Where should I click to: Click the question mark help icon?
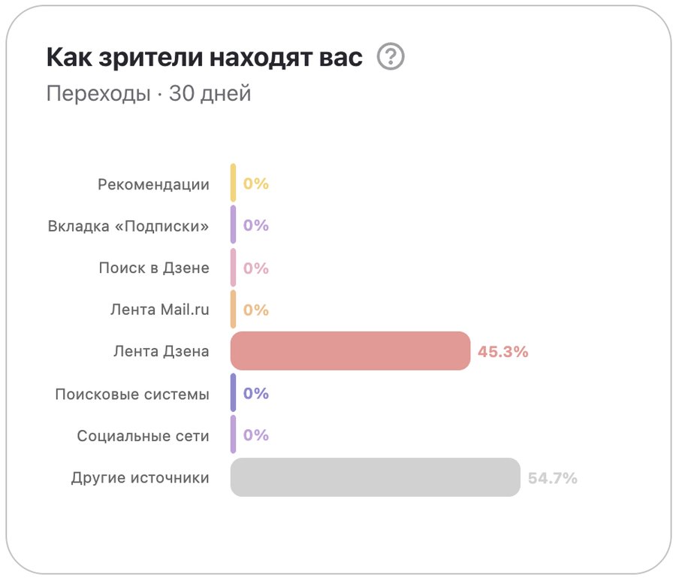tap(391, 57)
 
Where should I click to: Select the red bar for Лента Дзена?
tap(350, 351)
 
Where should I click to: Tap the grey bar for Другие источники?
tap(375, 477)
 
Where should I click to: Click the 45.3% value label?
tap(503, 352)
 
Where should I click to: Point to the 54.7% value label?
tap(553, 478)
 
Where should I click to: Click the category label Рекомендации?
tap(153, 184)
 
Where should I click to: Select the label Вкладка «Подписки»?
tap(128, 226)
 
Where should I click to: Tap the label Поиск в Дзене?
tap(154, 268)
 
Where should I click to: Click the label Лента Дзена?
tap(161, 352)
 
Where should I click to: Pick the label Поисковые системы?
tap(132, 394)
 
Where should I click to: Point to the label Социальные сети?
tap(143, 436)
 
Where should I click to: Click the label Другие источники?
tap(140, 478)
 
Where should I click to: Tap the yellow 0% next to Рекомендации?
tap(256, 184)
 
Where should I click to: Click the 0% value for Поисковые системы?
tap(256, 394)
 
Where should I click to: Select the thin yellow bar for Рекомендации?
tap(234, 183)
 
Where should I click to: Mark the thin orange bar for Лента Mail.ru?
tap(234, 309)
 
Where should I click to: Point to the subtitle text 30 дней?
tap(210, 94)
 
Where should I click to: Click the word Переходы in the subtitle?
tap(98, 94)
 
